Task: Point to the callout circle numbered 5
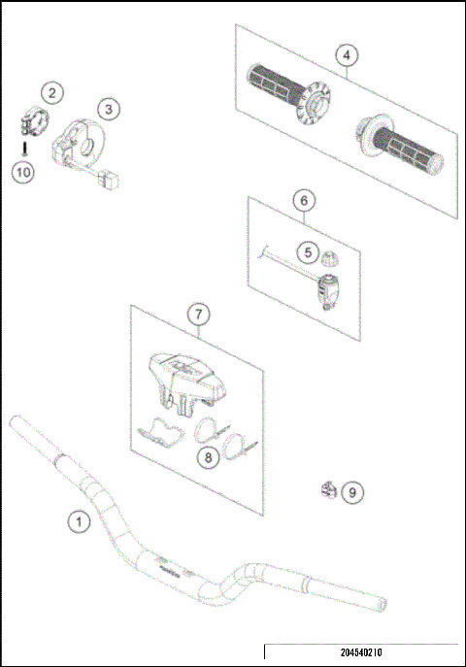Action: [308, 252]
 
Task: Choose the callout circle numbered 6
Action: [304, 201]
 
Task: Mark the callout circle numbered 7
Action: [197, 315]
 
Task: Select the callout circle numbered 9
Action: [352, 492]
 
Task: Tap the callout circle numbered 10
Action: [22, 172]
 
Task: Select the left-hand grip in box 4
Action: [280, 86]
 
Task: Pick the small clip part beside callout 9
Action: [328, 490]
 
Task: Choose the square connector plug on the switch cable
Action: [113, 179]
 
